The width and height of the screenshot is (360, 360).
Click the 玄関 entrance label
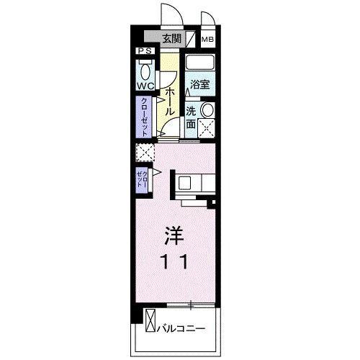[x=171, y=39]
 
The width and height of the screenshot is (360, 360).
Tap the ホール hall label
[x=170, y=99]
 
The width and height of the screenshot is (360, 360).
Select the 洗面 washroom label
[x=192, y=117]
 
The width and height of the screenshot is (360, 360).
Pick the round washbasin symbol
[x=207, y=110]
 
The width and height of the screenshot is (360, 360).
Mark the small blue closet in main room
[x=142, y=178]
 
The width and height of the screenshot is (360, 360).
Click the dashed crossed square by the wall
[x=145, y=153]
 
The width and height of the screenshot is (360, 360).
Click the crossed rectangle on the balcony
[x=150, y=320]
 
